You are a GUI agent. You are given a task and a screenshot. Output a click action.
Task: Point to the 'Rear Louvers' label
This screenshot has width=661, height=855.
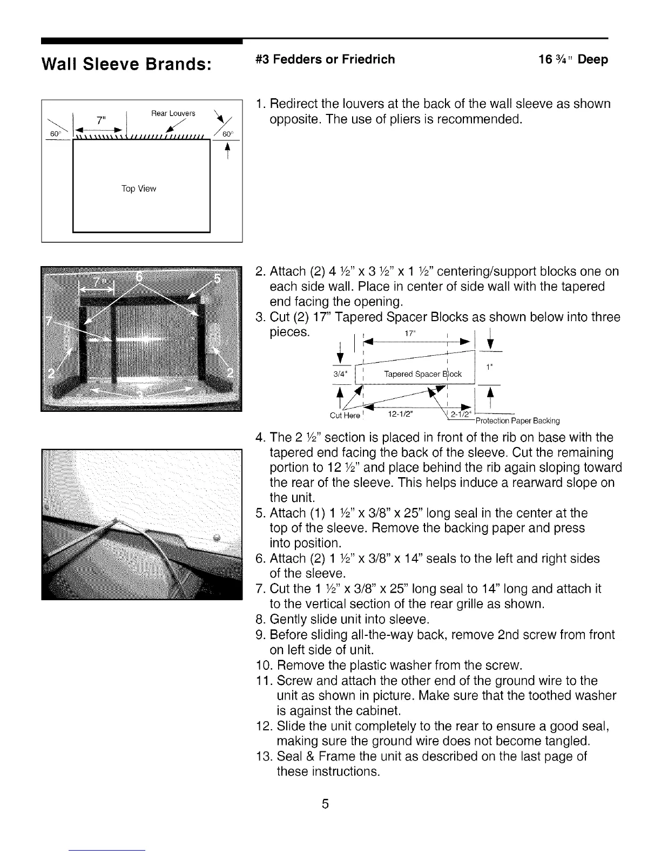tap(173, 114)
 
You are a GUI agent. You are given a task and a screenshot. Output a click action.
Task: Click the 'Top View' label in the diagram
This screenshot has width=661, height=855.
tap(139, 189)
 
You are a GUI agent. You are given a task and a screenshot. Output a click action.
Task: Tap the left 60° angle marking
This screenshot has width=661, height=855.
tap(54, 134)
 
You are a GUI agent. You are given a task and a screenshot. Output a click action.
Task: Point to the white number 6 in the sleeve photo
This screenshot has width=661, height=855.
tap(139, 276)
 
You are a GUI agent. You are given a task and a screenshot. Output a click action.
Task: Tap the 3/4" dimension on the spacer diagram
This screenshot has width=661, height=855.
tap(341, 374)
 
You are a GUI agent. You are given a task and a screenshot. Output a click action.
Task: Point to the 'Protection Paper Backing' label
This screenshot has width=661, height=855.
tap(517, 421)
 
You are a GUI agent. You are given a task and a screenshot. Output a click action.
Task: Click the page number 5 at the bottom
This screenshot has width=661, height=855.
tap(325, 804)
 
